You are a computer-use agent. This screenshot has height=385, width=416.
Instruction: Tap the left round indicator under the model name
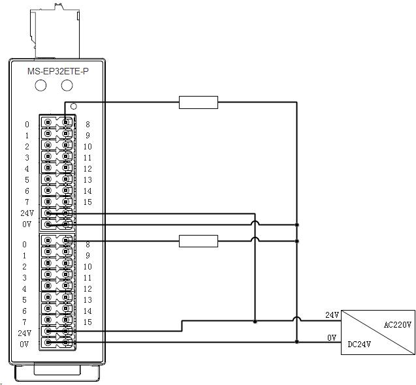pyautogui.click(x=41, y=86)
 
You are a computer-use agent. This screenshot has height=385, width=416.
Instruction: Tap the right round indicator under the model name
pyautogui.click(x=67, y=86)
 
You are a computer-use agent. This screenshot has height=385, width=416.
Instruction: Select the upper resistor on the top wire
pyautogui.click(x=198, y=102)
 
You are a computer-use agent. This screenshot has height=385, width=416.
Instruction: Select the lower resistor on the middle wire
pyautogui.click(x=198, y=241)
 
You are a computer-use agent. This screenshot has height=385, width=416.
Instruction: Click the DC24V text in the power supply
pyautogui.click(x=360, y=344)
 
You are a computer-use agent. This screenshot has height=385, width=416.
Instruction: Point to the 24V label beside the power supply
pyautogui.click(x=332, y=315)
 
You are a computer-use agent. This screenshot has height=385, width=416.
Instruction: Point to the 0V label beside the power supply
pyautogui.click(x=332, y=337)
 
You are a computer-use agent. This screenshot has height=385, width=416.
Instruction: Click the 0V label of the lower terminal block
pyautogui.click(x=24, y=343)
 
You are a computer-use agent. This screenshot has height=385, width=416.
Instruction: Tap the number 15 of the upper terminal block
pyautogui.click(x=87, y=202)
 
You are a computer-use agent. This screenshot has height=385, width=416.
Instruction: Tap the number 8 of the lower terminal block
pyautogui.click(x=87, y=245)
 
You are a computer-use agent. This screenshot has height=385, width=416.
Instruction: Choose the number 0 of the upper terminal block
pyautogui.click(x=27, y=125)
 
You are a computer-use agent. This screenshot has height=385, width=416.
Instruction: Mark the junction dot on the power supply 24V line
pyautogui.click(x=255, y=322)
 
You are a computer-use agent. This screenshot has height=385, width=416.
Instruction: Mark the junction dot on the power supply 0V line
pyautogui.click(x=297, y=341)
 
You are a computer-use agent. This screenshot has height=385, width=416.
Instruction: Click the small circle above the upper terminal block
pyautogui.click(x=74, y=106)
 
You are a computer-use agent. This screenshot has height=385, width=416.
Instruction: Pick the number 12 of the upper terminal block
pyautogui.click(x=87, y=169)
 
